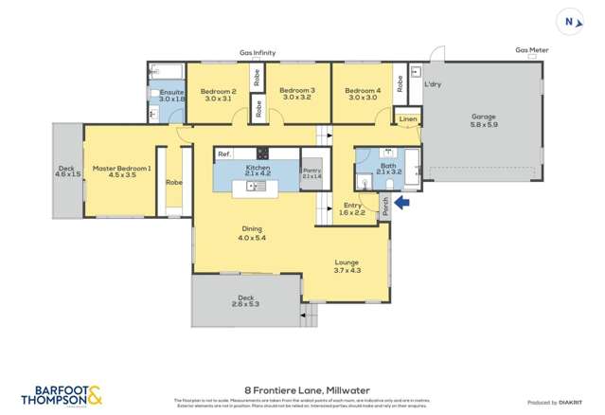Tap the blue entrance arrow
click(x=402, y=202)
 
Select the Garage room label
click(x=484, y=118)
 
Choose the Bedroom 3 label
click(x=296, y=91)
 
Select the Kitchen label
click(x=258, y=168)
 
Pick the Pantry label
click(x=311, y=171)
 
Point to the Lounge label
click(x=347, y=262)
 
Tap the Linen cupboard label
click(x=407, y=119)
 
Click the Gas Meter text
click(x=531, y=51)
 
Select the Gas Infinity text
click(x=258, y=54)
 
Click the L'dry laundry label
click(x=432, y=84)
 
